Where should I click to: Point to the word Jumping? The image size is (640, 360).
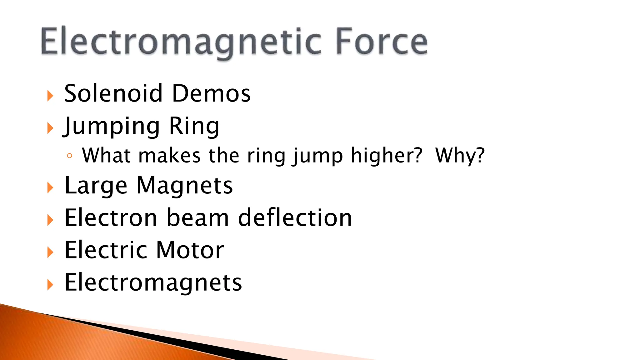pos(112,126)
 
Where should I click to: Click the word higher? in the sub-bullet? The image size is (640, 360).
pos(387,155)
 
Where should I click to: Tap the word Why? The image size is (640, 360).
pos(460,155)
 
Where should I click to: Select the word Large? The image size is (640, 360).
pos(96,186)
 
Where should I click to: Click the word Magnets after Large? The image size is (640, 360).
pos(185,186)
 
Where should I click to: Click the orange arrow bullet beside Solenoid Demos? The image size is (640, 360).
pos(50,96)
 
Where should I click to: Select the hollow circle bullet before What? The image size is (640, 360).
pos(69,156)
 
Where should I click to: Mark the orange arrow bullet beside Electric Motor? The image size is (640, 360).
pos(50,252)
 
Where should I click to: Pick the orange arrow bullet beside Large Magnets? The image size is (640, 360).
pos(50,188)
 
